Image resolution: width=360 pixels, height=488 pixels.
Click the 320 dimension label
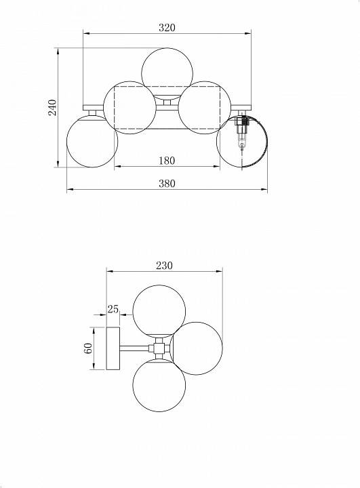[x=167, y=28]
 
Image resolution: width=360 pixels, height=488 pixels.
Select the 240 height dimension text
[x=53, y=107]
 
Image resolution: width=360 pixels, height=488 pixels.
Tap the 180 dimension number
[x=167, y=161]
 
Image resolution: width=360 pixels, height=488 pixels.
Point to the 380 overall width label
[x=167, y=184]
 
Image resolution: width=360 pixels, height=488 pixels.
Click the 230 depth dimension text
[x=164, y=266]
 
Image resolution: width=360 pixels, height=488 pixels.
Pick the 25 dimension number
[x=113, y=309]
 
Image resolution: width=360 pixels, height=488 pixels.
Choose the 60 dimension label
[x=88, y=348]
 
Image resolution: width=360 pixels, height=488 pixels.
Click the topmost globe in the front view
[x=167, y=74]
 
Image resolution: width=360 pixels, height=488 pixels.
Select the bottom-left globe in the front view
[x=92, y=141]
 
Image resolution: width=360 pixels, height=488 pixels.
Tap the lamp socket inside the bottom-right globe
[x=241, y=131]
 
